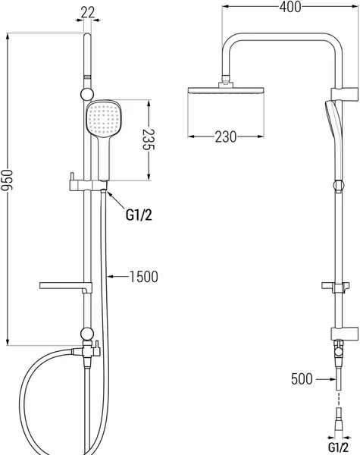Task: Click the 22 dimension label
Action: pos(88,12)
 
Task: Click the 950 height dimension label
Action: pos(7,180)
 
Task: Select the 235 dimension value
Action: pos(149,140)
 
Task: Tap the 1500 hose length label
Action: pos(143,277)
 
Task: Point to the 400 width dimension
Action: pos(290,7)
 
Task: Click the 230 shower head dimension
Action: pos(226,136)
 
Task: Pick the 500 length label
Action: pos(302,379)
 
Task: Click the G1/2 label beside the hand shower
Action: pos(139,215)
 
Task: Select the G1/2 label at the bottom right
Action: pos(338,447)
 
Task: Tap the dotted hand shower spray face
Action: pos(104,118)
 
